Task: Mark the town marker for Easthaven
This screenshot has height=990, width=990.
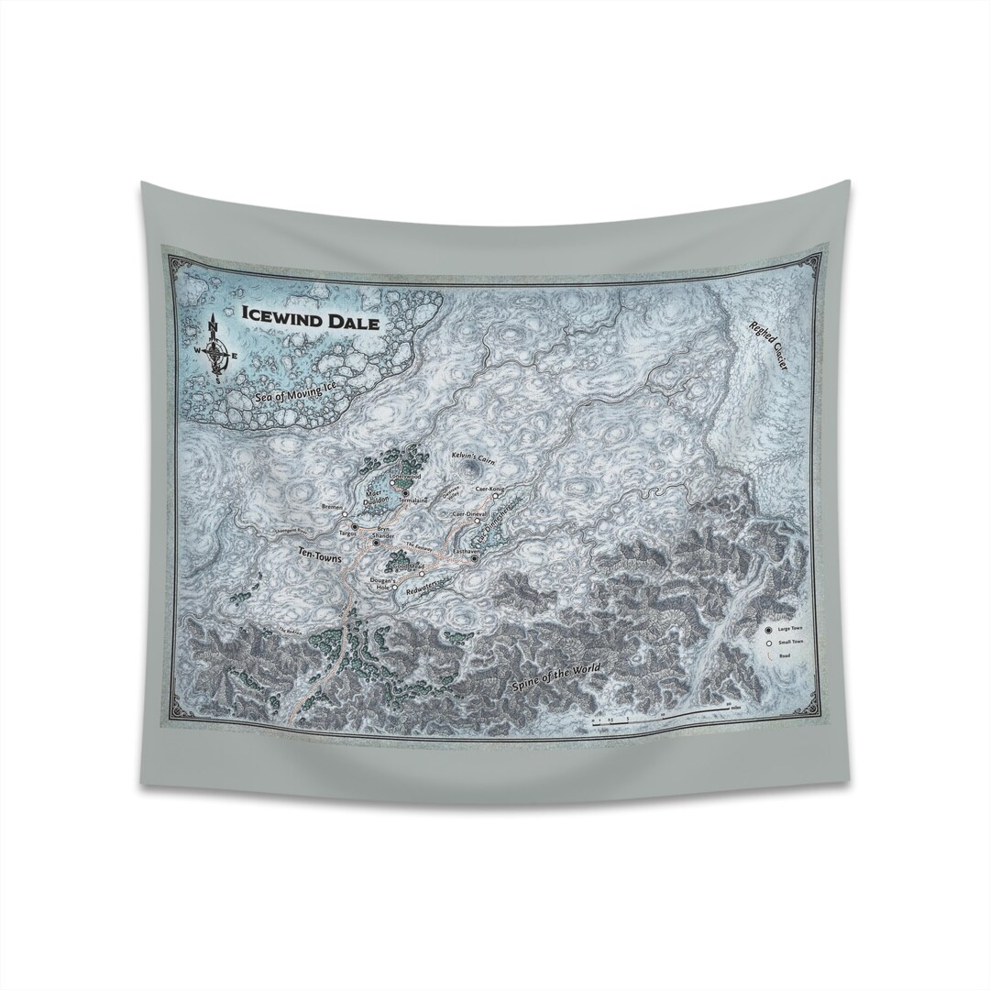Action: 475,558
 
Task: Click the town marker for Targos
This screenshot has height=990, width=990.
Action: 354,527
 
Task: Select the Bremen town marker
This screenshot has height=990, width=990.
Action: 346,515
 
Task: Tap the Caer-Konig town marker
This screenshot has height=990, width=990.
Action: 496,495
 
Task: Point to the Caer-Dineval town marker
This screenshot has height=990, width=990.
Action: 478,522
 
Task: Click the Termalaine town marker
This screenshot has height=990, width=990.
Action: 404,493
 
